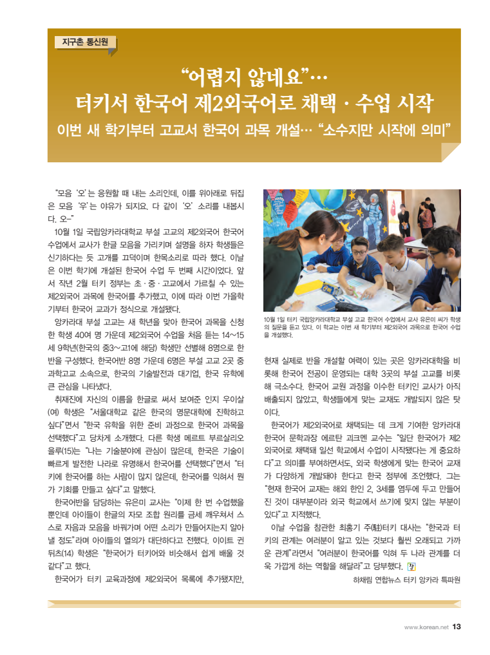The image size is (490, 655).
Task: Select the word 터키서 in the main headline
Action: coord(102,102)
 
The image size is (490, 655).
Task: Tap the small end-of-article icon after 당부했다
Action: coord(413,567)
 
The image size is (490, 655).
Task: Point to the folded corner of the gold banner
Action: coord(451,153)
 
